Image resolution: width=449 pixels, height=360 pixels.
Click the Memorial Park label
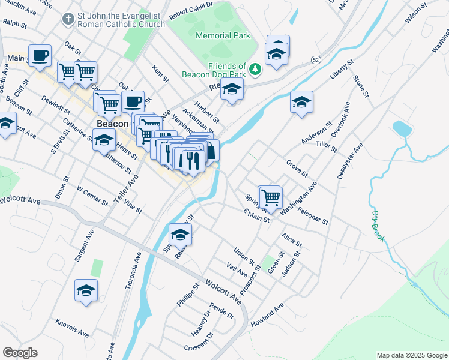pyautogui.click(x=223, y=36)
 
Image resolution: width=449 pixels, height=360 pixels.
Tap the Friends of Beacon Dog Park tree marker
pyautogui.click(x=256, y=70)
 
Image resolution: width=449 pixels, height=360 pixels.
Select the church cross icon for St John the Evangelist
pyautogui.click(x=68, y=19)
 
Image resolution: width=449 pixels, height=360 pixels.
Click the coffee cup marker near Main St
pyautogui.click(x=40, y=56)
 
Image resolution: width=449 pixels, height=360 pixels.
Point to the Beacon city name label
pyautogui.click(x=113, y=124)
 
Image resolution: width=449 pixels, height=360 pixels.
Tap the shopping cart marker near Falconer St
pyautogui.click(x=271, y=196)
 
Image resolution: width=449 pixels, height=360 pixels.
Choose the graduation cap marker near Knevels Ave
pyautogui.click(x=86, y=290)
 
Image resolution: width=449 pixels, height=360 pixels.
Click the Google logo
pyautogui.click(x=20, y=353)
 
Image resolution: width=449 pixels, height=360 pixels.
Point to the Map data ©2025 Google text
pyautogui.click(x=411, y=355)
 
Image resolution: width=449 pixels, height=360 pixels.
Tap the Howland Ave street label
pyautogui.click(x=267, y=315)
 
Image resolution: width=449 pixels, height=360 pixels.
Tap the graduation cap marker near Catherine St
pyautogui.click(x=104, y=140)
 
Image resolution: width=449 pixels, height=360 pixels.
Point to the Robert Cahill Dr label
pyautogui.click(x=191, y=6)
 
